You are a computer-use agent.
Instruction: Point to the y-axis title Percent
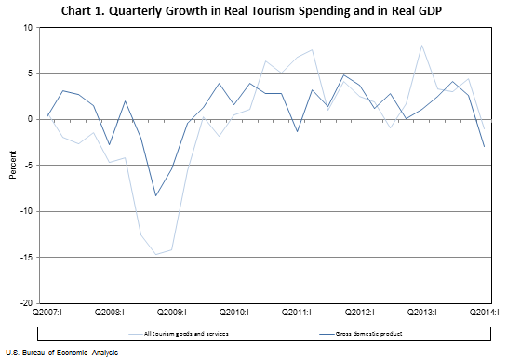tap(12, 165)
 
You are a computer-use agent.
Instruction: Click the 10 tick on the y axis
tap(27, 27)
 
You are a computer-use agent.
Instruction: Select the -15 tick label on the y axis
tap(26, 257)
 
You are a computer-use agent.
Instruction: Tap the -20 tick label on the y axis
tap(26, 302)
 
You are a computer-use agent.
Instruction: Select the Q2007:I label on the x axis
tap(47, 313)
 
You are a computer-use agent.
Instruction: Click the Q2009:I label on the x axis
tap(171, 313)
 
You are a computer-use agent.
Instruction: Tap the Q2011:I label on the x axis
tap(296, 313)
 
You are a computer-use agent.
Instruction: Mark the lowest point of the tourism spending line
tap(155, 254)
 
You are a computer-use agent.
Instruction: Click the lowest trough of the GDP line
tap(155, 195)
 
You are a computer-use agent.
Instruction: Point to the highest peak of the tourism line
tap(421, 45)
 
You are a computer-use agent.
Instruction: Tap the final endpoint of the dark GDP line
tap(484, 146)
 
